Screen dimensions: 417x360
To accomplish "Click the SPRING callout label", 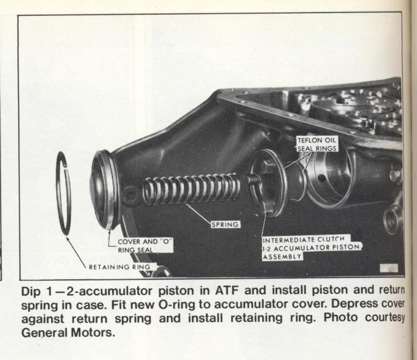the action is pyautogui.click(x=226, y=224).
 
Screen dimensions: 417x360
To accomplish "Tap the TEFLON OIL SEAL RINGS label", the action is pyautogui.click(x=317, y=144).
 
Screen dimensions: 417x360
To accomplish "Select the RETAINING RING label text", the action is pyautogui.click(x=119, y=267).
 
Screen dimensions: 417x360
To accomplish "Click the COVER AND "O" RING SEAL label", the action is pyautogui.click(x=145, y=246).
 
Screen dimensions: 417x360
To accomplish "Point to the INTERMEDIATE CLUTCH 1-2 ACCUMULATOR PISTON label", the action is pyautogui.click(x=311, y=248).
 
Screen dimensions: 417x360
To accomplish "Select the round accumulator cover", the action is pyautogui.click(x=104, y=189).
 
